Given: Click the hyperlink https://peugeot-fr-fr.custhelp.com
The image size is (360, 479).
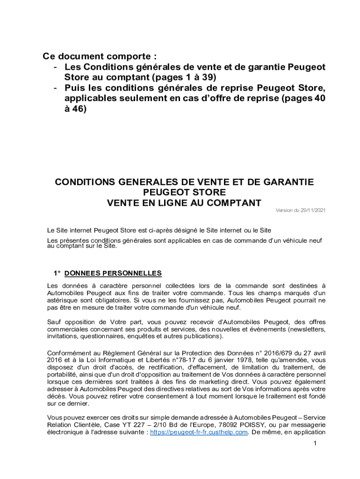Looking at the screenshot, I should coord(198,432).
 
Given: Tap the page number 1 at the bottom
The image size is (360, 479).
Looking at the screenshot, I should coord(316,443).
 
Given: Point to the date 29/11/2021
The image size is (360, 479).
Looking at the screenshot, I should coord(310,210).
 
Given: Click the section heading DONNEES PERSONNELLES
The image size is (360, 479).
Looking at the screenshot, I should coord(113,273).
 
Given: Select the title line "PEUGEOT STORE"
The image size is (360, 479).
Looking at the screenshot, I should coord(184,193).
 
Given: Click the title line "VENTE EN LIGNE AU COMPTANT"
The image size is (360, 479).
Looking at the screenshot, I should coord(184,203).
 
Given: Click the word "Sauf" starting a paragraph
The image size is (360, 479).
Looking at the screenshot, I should coord(55,322).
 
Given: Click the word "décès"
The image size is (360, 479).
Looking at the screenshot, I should coord(56,396).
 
